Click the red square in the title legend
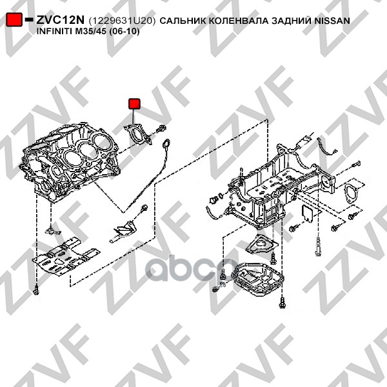[14, 19]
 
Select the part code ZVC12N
[60, 20]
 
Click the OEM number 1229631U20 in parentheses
[122, 21]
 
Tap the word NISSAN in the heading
[332, 21]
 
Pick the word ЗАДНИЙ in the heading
[292, 21]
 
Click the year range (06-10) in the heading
[124, 32]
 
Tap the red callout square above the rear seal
[134, 104]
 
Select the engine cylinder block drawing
[70, 161]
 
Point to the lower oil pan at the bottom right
[258, 279]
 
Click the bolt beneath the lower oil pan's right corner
[282, 302]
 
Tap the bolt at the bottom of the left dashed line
[36, 290]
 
